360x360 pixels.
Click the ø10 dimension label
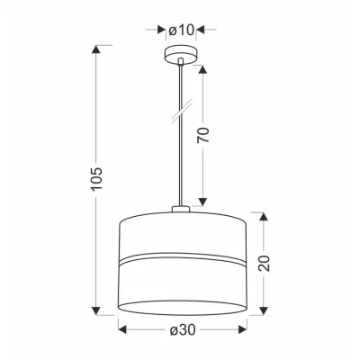[181, 30]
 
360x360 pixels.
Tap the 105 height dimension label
[96, 178]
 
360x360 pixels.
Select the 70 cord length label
[202, 135]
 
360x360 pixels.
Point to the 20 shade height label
[264, 264]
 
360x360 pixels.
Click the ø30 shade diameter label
[183, 329]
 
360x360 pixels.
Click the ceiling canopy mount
[180, 54]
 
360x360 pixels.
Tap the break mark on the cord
[182, 112]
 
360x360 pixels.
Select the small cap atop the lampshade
[181, 209]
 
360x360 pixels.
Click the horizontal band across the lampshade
[183, 258]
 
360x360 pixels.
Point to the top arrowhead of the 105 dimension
[96, 49]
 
